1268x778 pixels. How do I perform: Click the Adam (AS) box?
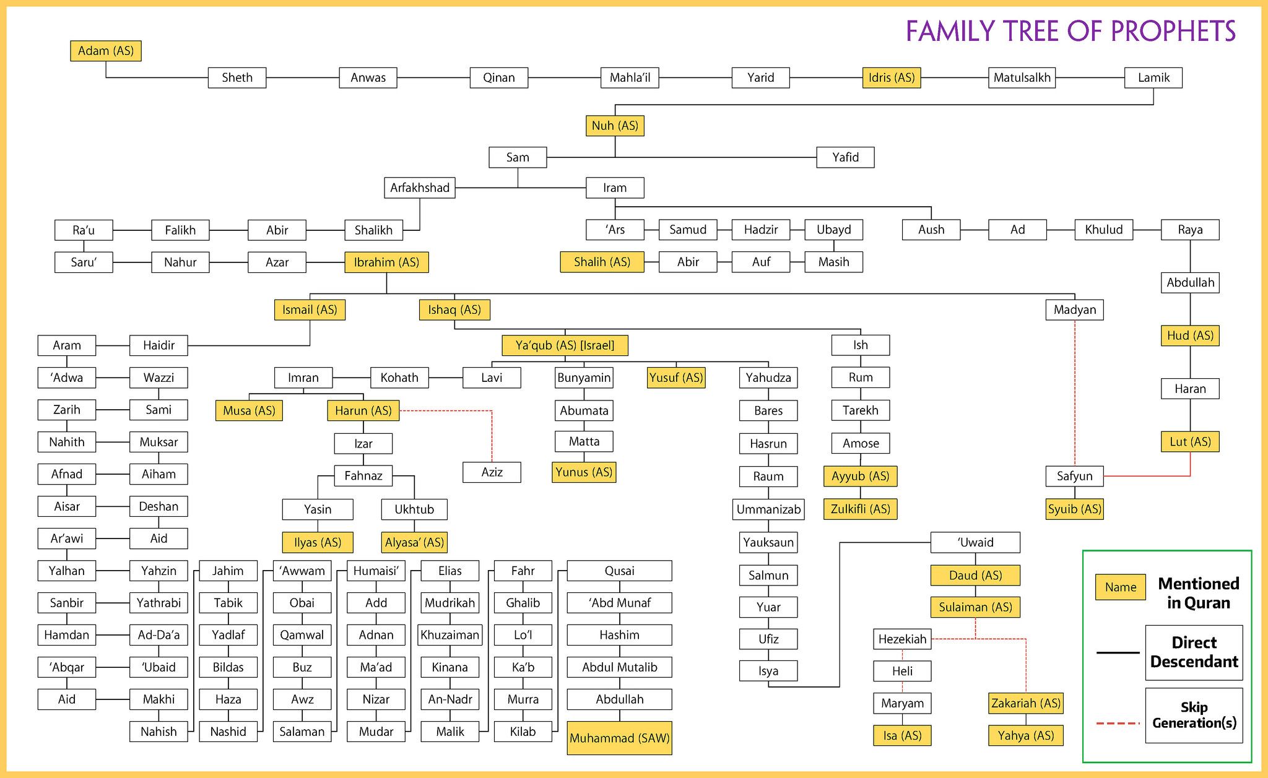(106, 51)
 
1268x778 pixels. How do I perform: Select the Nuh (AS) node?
(615, 126)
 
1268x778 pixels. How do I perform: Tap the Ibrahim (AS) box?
(386, 262)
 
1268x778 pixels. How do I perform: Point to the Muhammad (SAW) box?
(619, 738)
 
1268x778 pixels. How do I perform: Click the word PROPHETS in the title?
(1173, 32)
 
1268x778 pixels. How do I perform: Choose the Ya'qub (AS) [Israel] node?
(565, 345)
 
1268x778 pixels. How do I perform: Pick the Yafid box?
(845, 157)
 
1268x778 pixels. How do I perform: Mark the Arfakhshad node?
(420, 188)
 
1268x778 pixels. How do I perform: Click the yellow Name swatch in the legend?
(1121, 587)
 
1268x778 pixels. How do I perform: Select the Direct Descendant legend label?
(1194, 652)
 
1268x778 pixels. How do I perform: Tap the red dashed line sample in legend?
(1118, 723)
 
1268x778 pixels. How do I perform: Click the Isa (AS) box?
(902, 735)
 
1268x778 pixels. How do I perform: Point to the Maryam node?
(902, 703)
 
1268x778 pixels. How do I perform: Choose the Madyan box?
(1074, 309)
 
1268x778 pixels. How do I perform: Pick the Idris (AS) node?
(892, 77)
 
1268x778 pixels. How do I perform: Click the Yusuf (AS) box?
(676, 378)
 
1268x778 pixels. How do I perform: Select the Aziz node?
(492, 472)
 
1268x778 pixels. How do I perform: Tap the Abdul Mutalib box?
(619, 667)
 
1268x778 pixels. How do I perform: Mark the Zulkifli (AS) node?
(860, 509)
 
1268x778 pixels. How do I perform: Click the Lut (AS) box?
(1190, 442)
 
